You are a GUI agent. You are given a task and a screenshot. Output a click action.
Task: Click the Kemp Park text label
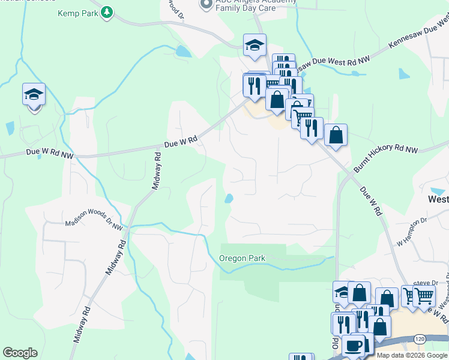pos(77,13)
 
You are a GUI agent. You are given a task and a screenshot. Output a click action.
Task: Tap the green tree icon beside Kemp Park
pos(107,12)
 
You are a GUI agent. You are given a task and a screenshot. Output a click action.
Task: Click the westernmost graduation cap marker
pos(34,95)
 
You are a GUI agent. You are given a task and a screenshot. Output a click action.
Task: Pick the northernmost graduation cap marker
pos(255,45)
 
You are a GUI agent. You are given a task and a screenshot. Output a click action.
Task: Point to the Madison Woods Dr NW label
pos(94,219)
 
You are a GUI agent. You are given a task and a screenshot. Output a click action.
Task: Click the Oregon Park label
pos(243,259)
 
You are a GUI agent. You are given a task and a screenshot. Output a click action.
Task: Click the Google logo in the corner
pos(20,353)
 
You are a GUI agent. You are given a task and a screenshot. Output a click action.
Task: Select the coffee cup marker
pos(353,346)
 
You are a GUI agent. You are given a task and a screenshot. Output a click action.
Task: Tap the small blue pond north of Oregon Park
pos(229,199)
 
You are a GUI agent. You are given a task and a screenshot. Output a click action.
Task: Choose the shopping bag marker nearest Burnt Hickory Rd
pos(336,135)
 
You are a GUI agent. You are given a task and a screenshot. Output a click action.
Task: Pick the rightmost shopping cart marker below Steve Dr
pos(424,295)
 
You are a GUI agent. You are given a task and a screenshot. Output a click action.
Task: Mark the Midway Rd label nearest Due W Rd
pos(156,171)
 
